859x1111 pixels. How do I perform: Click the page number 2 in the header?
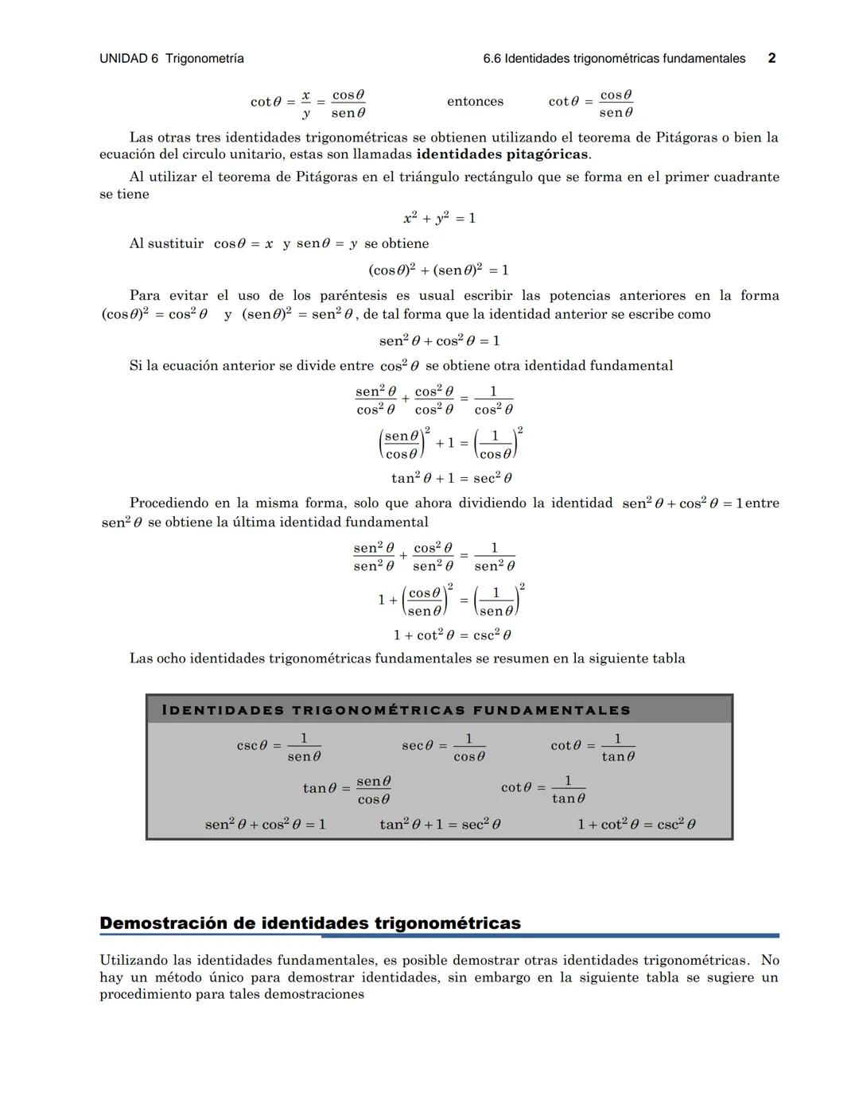coord(772,58)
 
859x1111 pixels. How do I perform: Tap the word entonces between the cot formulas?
coord(475,102)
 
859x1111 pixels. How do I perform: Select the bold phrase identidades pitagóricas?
coord(502,154)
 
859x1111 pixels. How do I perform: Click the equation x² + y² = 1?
coord(439,218)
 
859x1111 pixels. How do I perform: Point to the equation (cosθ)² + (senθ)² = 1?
coord(438,270)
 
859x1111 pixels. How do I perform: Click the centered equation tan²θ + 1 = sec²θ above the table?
coord(451,478)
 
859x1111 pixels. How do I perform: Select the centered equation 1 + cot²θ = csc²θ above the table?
coord(452,635)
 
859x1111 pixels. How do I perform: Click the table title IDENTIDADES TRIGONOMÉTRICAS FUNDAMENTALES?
coord(395,710)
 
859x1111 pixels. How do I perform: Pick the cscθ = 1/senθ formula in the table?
coord(279,747)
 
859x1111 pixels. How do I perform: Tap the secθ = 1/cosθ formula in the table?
coord(443,747)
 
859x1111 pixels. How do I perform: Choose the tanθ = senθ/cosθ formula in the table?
coord(347,789)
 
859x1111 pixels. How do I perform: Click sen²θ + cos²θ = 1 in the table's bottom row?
coord(265,825)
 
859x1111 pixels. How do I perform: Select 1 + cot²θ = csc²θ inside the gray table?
coord(636,825)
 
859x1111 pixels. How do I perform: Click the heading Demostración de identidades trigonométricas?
coord(310,923)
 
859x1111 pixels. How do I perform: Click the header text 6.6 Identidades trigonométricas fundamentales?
coord(614,59)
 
